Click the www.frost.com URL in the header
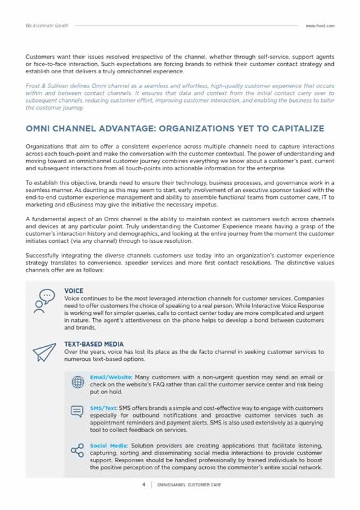[320, 25]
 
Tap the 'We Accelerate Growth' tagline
[47, 25]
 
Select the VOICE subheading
[74, 291]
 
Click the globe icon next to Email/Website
[78, 382]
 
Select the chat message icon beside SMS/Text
[78, 412]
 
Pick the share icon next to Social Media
[78, 451]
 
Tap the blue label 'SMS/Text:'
[104, 407]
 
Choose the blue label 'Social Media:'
[107, 444]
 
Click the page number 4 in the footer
[143, 484]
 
